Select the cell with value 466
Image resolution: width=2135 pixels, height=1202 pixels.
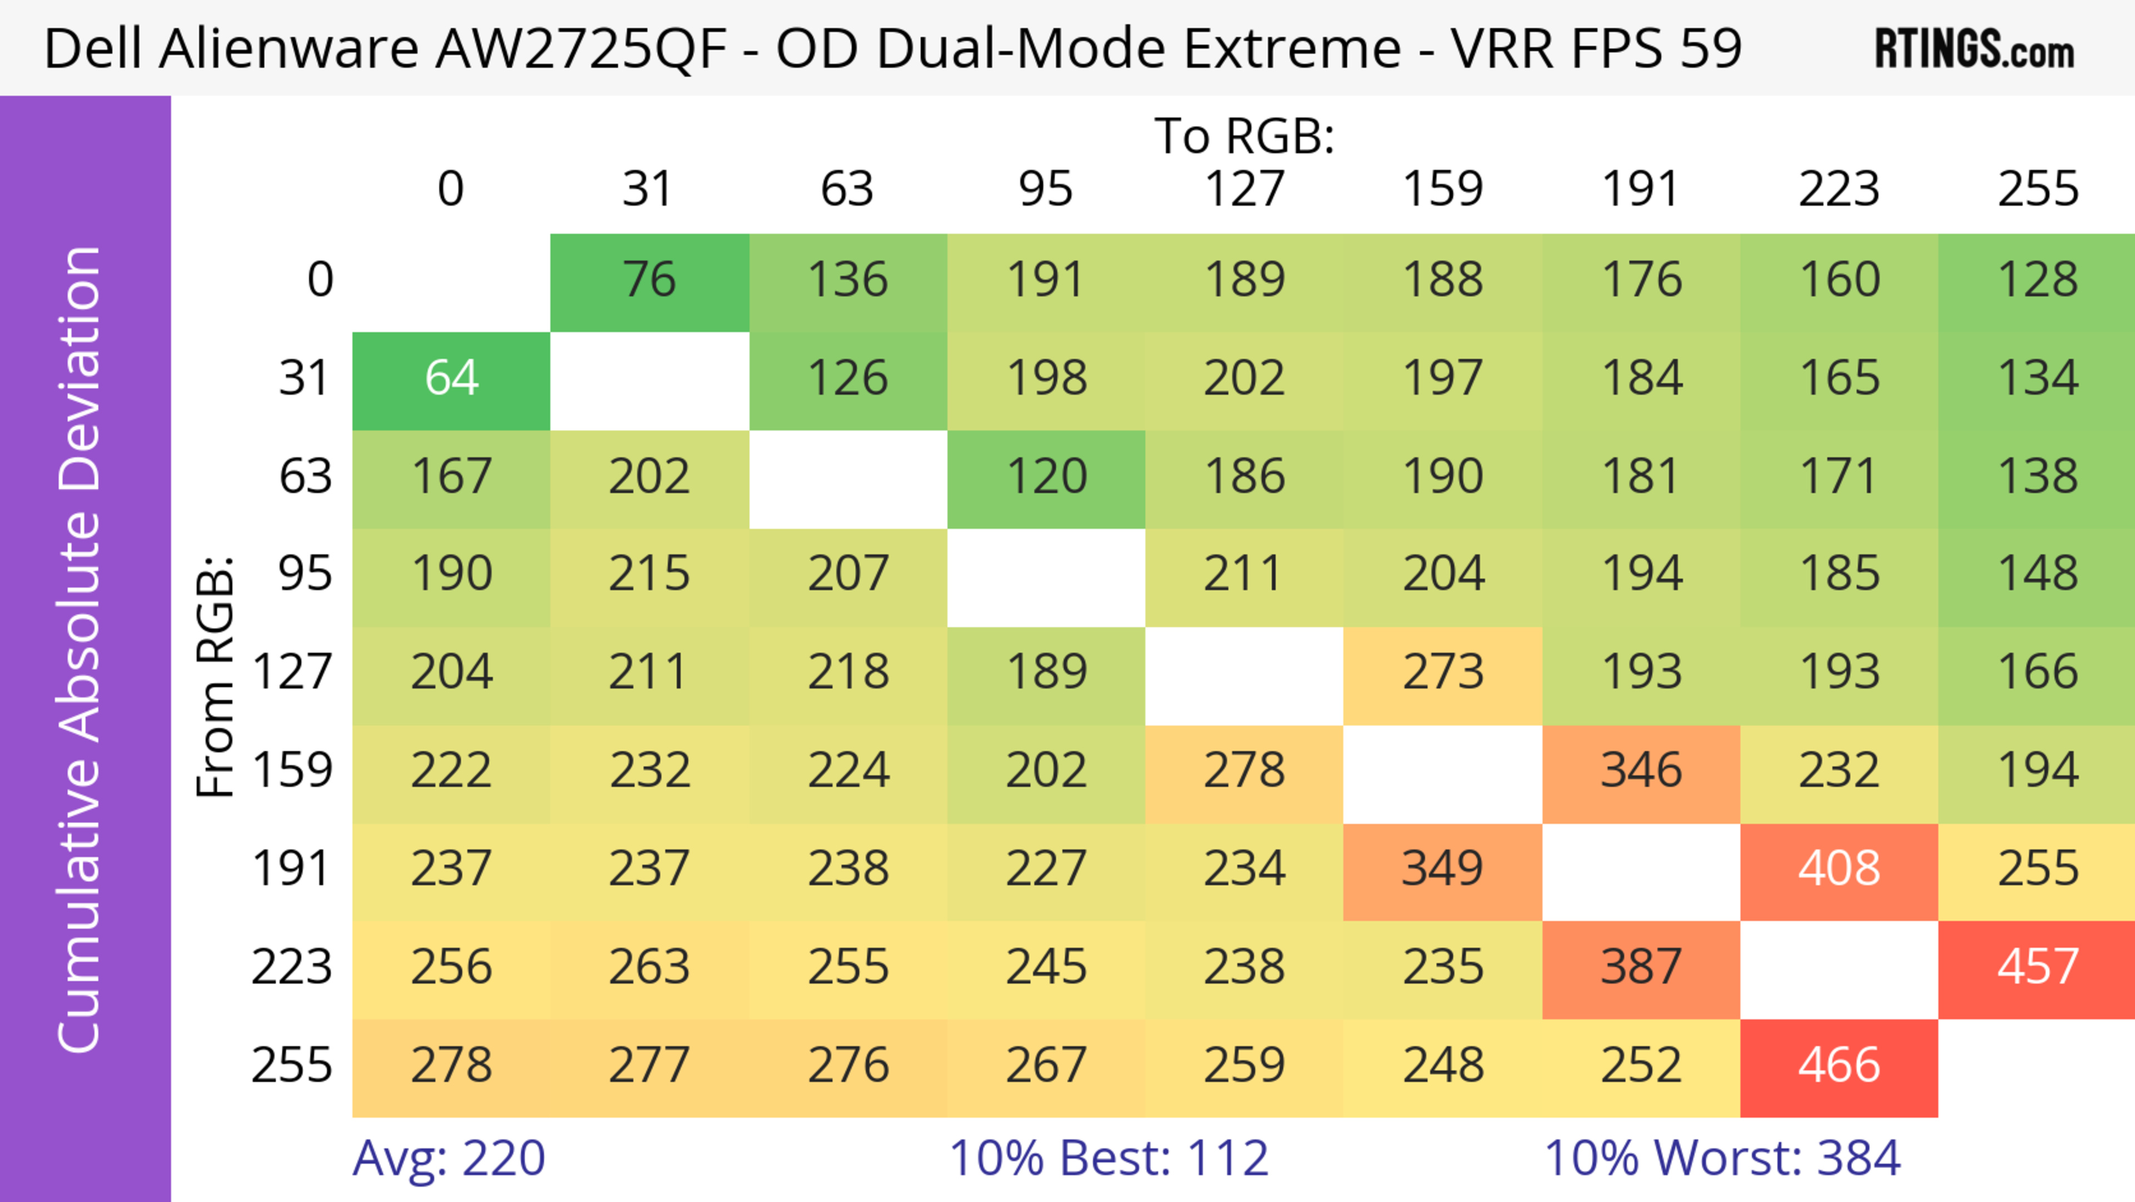1838,1067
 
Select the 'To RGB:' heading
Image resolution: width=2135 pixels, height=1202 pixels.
1244,136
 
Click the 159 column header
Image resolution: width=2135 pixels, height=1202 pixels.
1442,189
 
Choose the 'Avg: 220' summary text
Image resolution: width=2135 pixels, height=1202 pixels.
448,1158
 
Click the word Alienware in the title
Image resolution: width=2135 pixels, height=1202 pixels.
290,48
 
